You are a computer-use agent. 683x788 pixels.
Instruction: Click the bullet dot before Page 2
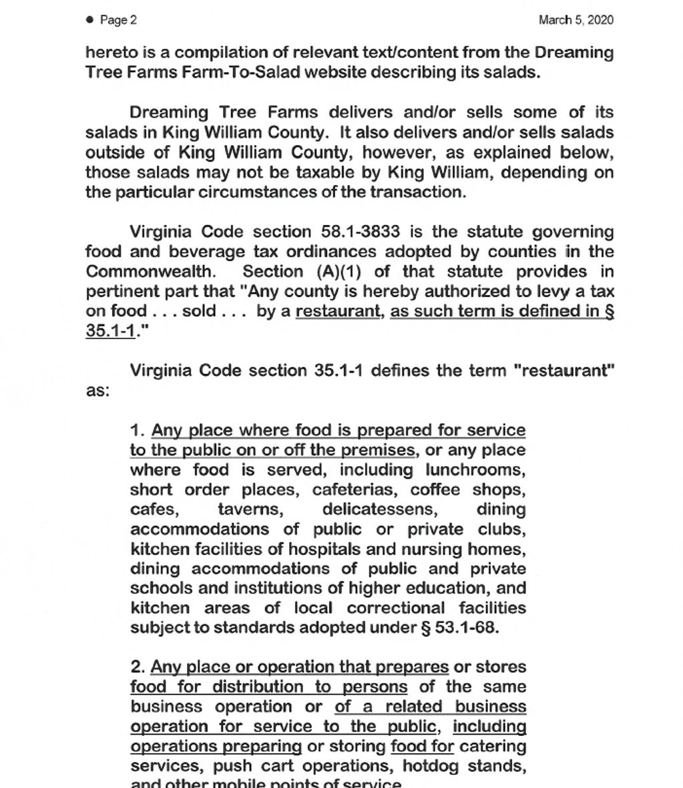tap(90, 20)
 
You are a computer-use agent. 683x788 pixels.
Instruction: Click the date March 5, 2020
tap(576, 20)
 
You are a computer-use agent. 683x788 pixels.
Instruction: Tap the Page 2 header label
tap(118, 20)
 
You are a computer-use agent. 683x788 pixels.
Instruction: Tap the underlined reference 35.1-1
tap(110, 331)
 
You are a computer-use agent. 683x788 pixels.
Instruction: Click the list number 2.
tap(138, 667)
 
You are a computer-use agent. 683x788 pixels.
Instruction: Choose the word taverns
tap(250, 510)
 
